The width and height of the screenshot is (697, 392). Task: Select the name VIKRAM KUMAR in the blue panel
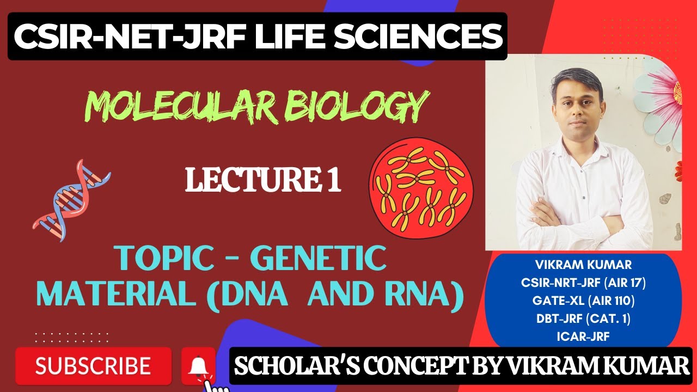[583, 266]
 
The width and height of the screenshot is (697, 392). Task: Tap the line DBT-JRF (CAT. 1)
[583, 319]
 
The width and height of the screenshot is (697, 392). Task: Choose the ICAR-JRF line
[583, 336]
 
